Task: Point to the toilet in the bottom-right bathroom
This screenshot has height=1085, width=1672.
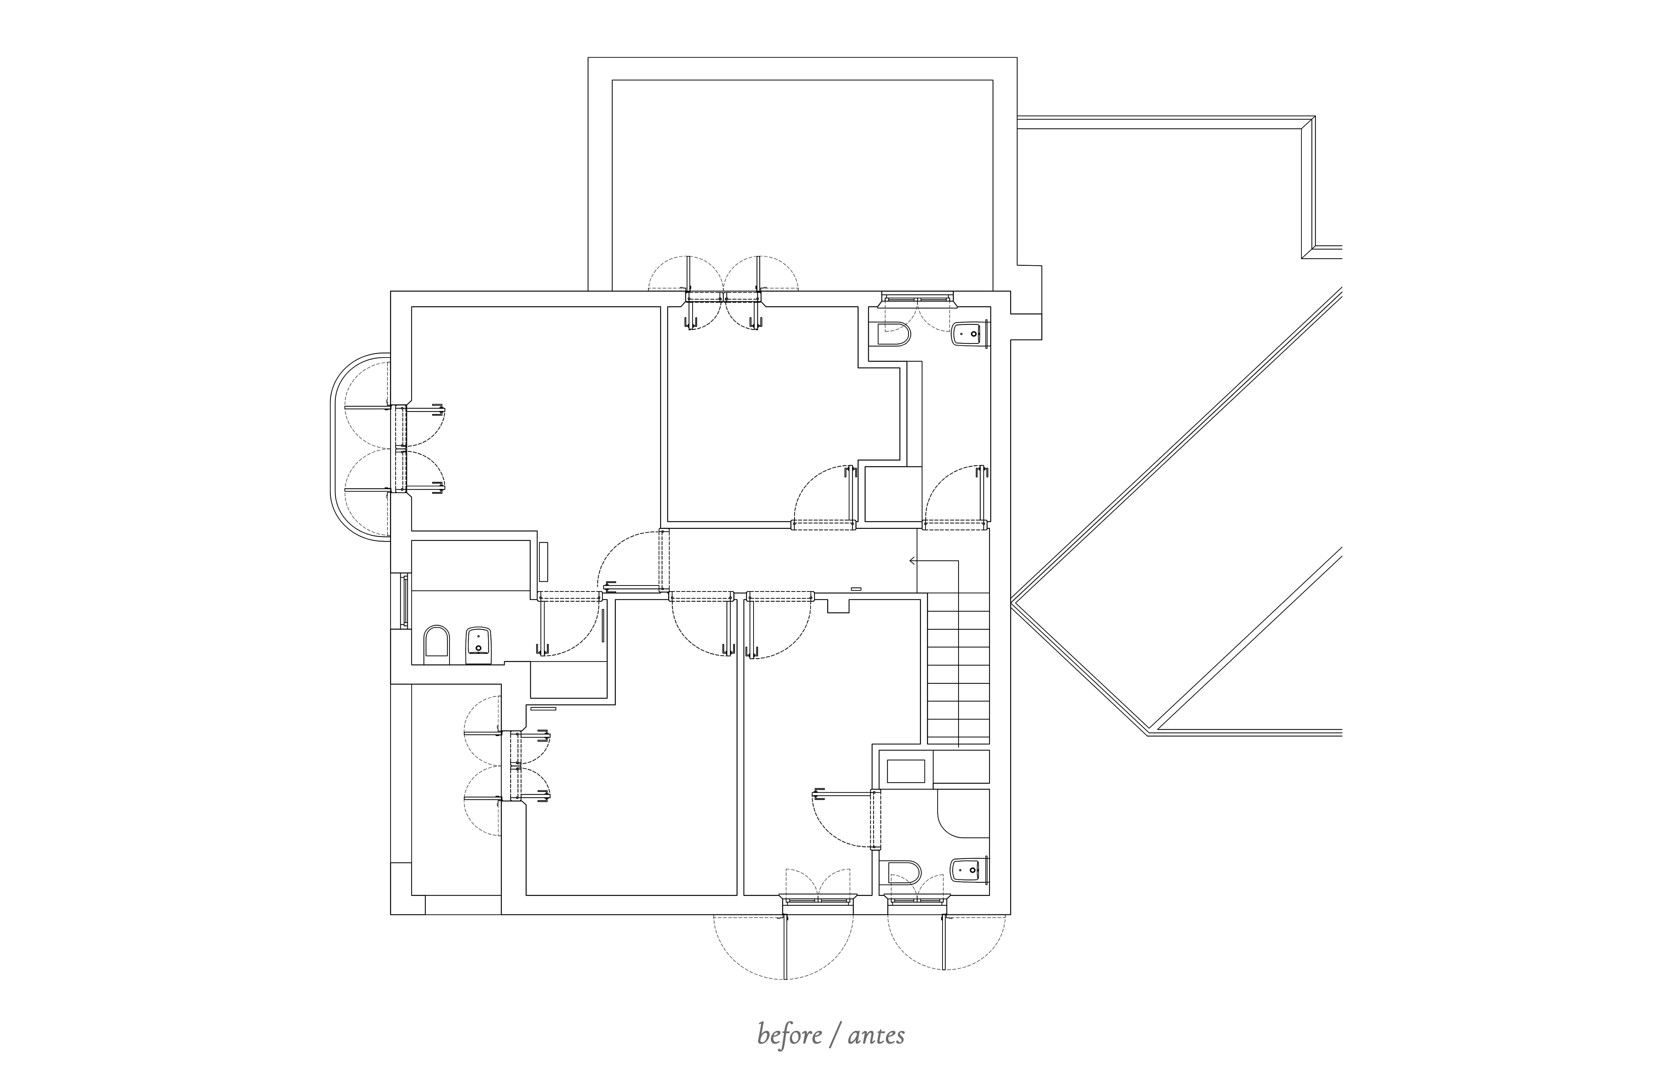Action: pyautogui.click(x=905, y=873)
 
